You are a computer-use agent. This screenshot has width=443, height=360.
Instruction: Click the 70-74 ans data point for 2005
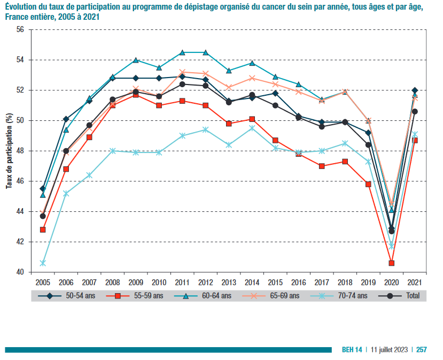point(43,263)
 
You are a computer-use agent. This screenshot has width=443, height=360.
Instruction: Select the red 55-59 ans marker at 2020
point(392,263)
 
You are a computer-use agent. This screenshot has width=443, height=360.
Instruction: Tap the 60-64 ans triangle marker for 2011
point(182,52)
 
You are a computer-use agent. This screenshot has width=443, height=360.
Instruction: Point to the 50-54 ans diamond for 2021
point(415,90)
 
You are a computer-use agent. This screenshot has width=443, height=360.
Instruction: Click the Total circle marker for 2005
point(43,216)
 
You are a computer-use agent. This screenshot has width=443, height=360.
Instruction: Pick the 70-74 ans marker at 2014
point(252,128)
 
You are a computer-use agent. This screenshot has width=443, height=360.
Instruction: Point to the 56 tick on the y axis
point(20,29)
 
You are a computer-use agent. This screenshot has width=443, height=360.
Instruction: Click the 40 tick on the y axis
point(20,272)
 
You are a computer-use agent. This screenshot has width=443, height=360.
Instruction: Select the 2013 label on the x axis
point(229,281)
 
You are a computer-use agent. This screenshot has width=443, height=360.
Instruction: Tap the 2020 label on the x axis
point(392,281)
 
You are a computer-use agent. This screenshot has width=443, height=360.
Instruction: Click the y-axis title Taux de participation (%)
point(9,151)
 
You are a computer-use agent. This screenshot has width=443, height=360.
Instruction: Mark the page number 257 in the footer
point(422,349)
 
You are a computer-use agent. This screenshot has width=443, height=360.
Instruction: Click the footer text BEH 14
point(352,349)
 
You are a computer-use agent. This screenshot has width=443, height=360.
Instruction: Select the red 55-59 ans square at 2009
point(136,95)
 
